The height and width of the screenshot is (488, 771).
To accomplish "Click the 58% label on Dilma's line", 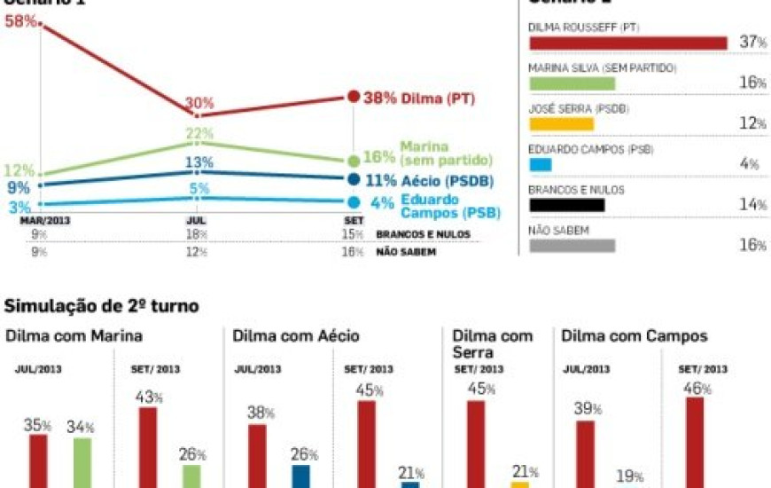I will [x=20, y=20].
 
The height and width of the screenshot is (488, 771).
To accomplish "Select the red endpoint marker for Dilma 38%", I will [x=354, y=97].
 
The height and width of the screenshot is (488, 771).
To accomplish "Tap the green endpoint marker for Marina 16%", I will [x=354, y=161].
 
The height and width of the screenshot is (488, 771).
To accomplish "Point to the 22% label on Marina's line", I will [x=199, y=133].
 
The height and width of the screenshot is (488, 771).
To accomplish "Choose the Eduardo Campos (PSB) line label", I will [x=450, y=206].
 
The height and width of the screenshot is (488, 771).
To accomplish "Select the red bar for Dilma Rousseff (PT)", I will [x=627, y=43].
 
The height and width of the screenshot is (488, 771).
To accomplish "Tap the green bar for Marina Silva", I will [x=572, y=83].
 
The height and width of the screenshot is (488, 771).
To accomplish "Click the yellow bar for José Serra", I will [x=561, y=124].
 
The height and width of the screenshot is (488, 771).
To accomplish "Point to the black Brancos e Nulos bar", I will [x=566, y=205].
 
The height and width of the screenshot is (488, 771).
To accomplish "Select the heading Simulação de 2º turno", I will [x=102, y=306].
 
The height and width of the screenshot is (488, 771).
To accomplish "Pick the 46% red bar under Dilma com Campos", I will [x=695, y=442].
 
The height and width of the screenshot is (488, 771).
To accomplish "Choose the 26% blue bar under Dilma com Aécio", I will [x=300, y=476].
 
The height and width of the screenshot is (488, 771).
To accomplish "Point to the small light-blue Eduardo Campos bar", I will [x=540, y=164].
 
